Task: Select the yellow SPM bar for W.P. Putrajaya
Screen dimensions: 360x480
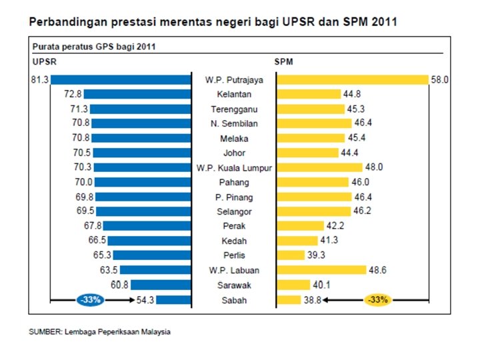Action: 352,79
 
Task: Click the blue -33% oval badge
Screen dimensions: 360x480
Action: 89,300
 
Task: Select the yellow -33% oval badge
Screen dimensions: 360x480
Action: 377,300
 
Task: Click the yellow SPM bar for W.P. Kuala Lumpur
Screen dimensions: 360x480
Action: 319,167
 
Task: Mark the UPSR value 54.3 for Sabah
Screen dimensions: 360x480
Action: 145,300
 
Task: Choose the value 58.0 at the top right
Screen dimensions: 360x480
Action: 439,79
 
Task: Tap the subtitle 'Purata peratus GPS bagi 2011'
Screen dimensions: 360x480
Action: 94,47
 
